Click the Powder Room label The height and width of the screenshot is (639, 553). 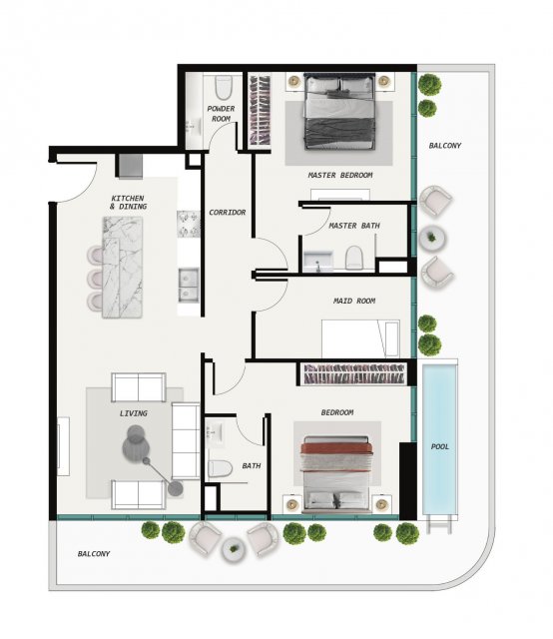pyautogui.click(x=221, y=114)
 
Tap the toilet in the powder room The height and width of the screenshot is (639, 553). pyautogui.click(x=223, y=87)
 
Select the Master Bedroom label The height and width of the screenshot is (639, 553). pyautogui.click(x=339, y=176)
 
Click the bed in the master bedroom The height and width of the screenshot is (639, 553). pyautogui.click(x=339, y=111)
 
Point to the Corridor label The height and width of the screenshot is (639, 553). pyautogui.click(x=227, y=213)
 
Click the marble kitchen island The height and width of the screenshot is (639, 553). pyautogui.click(x=122, y=267)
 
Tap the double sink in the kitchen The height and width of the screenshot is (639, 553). pyautogui.click(x=189, y=285)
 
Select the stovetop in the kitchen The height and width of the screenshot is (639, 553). pyautogui.click(x=189, y=224)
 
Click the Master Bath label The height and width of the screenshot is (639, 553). pyautogui.click(x=354, y=226)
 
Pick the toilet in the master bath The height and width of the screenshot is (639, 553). pyautogui.click(x=353, y=258)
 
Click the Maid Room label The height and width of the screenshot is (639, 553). pyautogui.click(x=354, y=301)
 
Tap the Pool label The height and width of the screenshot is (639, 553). pyautogui.click(x=440, y=446)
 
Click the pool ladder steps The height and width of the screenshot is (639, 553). pyautogui.click(x=440, y=524)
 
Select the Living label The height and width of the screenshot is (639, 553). pyautogui.click(x=133, y=413)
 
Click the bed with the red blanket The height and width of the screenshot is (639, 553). pyautogui.click(x=336, y=474)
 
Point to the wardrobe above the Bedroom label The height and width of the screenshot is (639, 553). pyautogui.click(x=353, y=373)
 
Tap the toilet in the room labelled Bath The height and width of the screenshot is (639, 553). pyautogui.click(x=220, y=468)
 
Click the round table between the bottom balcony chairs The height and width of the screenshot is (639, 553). pyautogui.click(x=234, y=550)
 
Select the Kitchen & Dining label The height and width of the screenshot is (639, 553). pyautogui.click(x=128, y=202)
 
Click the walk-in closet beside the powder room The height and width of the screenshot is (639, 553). pyautogui.click(x=260, y=109)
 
